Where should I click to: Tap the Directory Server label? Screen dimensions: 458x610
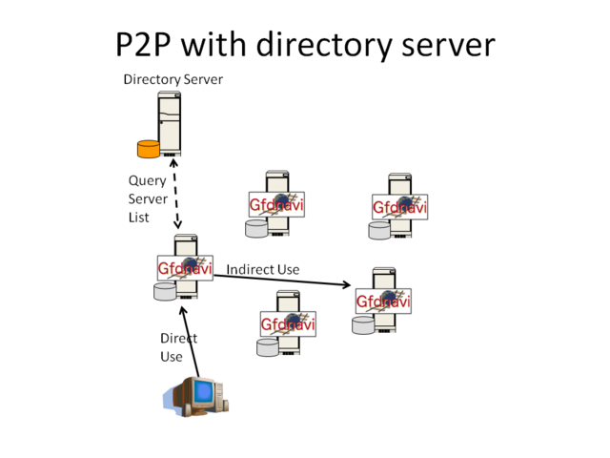[173, 79]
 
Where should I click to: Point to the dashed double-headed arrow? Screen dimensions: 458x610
[176, 195]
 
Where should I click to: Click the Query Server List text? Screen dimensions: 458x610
[148, 198]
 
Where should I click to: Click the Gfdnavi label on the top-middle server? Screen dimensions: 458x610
[276, 204]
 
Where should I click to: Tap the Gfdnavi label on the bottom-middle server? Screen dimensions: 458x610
[288, 324]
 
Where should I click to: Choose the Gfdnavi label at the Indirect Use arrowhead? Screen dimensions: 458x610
[383, 302]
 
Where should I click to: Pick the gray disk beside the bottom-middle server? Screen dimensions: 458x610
[268, 346]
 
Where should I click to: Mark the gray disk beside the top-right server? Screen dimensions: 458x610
[379, 230]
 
